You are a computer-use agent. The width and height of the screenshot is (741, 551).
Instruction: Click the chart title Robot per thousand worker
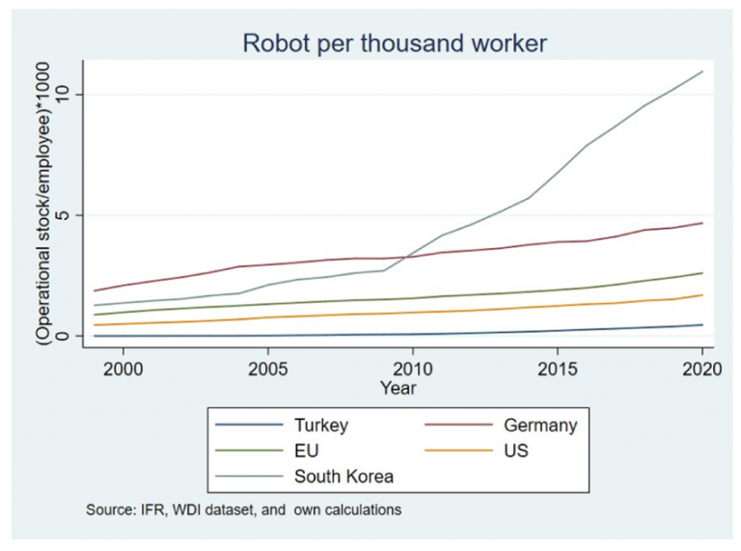tap(394, 42)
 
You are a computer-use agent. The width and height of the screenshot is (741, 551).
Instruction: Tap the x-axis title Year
tap(398, 388)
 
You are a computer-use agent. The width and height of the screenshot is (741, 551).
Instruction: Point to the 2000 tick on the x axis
tap(123, 369)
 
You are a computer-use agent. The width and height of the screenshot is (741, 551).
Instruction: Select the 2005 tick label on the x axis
tap(267, 369)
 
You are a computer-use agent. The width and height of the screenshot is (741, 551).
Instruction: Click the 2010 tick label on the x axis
tap(412, 369)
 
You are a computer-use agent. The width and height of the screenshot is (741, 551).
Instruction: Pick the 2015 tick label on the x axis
tap(557, 369)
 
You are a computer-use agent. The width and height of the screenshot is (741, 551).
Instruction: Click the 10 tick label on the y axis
tap(65, 95)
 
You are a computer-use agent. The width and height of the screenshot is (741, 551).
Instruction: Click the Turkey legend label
tap(321, 425)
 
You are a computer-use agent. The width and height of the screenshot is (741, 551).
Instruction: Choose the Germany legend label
tap(540, 425)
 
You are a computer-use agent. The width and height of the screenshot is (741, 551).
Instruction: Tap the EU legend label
tap(307, 451)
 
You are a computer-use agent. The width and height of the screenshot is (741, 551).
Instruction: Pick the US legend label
tap(516, 451)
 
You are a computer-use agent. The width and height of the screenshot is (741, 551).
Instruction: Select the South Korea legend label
tap(343, 476)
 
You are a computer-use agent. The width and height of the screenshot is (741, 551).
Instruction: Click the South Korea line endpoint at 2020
tap(702, 71)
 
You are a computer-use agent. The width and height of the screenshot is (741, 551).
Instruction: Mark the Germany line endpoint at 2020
tap(702, 223)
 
